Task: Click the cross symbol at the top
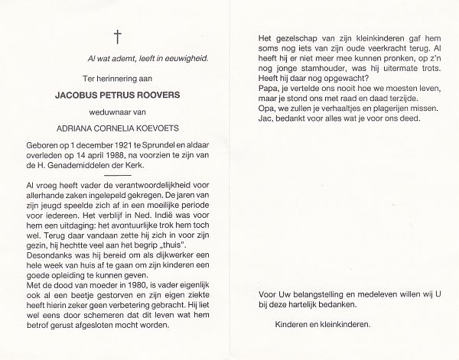[x=117, y=35]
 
